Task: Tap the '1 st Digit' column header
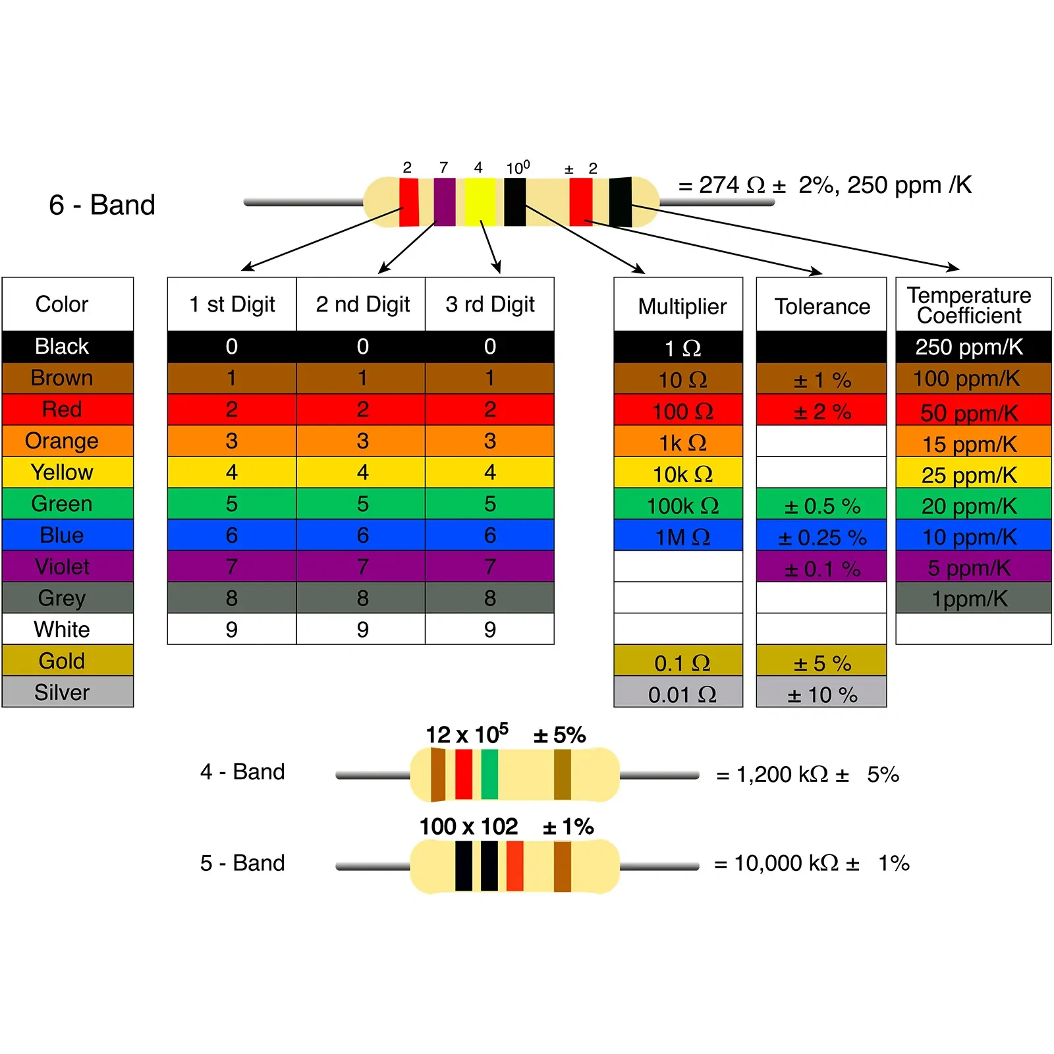(x=232, y=304)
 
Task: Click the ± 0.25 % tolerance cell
(x=821, y=537)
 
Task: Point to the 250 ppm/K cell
(x=969, y=347)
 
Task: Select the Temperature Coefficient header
(x=969, y=305)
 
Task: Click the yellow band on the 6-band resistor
(x=480, y=202)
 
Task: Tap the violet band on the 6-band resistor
(x=445, y=202)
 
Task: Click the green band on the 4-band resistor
(x=489, y=774)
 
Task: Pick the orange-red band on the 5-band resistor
(x=514, y=866)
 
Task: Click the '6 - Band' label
(x=102, y=205)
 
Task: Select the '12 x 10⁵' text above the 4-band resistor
(x=467, y=734)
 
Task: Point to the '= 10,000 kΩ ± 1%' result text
(x=811, y=863)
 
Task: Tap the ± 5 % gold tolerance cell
(x=821, y=663)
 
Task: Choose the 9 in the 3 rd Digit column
(x=490, y=630)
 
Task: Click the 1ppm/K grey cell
(x=969, y=599)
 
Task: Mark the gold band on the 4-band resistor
(x=562, y=774)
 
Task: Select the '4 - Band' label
(x=242, y=771)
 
